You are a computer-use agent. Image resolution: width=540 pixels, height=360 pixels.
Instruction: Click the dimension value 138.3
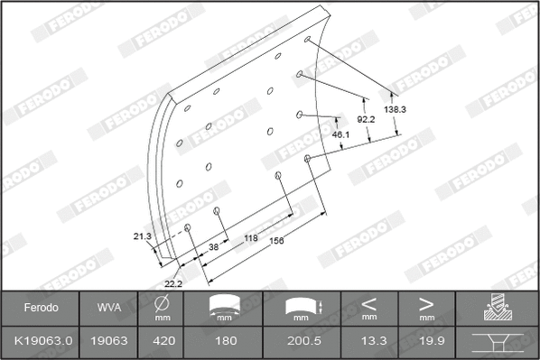[395, 109]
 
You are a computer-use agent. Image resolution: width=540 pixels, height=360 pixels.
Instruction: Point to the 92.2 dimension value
[366, 118]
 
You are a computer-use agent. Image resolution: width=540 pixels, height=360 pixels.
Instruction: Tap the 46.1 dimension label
[340, 134]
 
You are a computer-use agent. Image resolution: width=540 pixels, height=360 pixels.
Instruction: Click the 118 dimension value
[251, 238]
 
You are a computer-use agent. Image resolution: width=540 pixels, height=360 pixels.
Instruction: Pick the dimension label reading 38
[213, 245]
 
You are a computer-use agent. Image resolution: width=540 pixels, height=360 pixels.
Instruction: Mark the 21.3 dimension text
[142, 236]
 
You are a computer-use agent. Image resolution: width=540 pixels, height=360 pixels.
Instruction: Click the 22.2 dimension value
[174, 283]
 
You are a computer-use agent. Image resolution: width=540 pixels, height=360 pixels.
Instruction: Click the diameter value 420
[163, 342]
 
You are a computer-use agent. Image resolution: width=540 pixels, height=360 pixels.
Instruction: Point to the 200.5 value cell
[302, 342]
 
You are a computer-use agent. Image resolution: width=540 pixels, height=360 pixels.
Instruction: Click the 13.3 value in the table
[369, 342]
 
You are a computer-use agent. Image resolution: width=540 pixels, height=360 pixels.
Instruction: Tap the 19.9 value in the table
[426, 342]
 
